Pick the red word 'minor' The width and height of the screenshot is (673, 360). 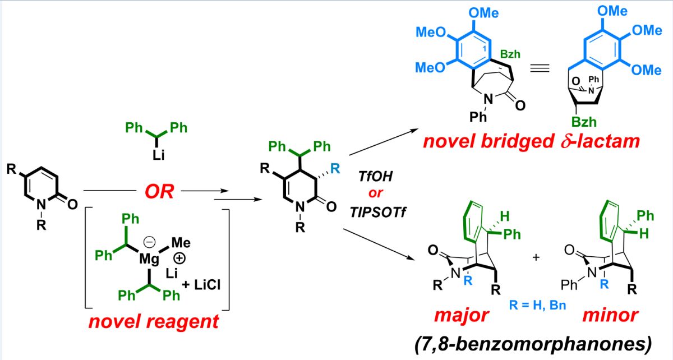pos(609,315)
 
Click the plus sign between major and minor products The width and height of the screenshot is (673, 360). pos(536,256)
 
